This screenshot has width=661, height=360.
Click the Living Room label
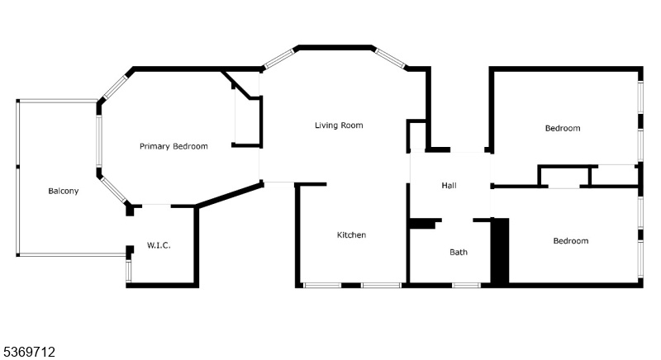(339, 125)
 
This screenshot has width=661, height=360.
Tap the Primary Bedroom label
(174, 146)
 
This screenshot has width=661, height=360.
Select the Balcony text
(64, 191)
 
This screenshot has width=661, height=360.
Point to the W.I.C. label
(159, 245)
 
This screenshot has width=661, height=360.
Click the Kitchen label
(352, 235)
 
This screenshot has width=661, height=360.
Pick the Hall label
(449, 185)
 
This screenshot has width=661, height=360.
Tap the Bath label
(459, 252)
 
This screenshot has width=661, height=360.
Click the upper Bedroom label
(563, 128)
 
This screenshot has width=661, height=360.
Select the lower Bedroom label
(571, 241)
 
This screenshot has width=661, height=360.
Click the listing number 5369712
(29, 352)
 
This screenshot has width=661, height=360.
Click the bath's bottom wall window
(466, 286)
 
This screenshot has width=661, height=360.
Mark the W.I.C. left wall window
(129, 271)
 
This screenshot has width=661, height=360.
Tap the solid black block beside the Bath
(500, 251)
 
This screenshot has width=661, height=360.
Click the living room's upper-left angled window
(278, 59)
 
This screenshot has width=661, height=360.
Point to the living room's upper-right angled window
(390, 58)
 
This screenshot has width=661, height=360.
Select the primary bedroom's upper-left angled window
(115, 88)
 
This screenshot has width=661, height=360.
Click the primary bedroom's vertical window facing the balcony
(99, 140)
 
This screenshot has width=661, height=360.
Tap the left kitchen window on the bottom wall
(322, 286)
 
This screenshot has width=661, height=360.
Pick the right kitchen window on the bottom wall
(381, 286)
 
